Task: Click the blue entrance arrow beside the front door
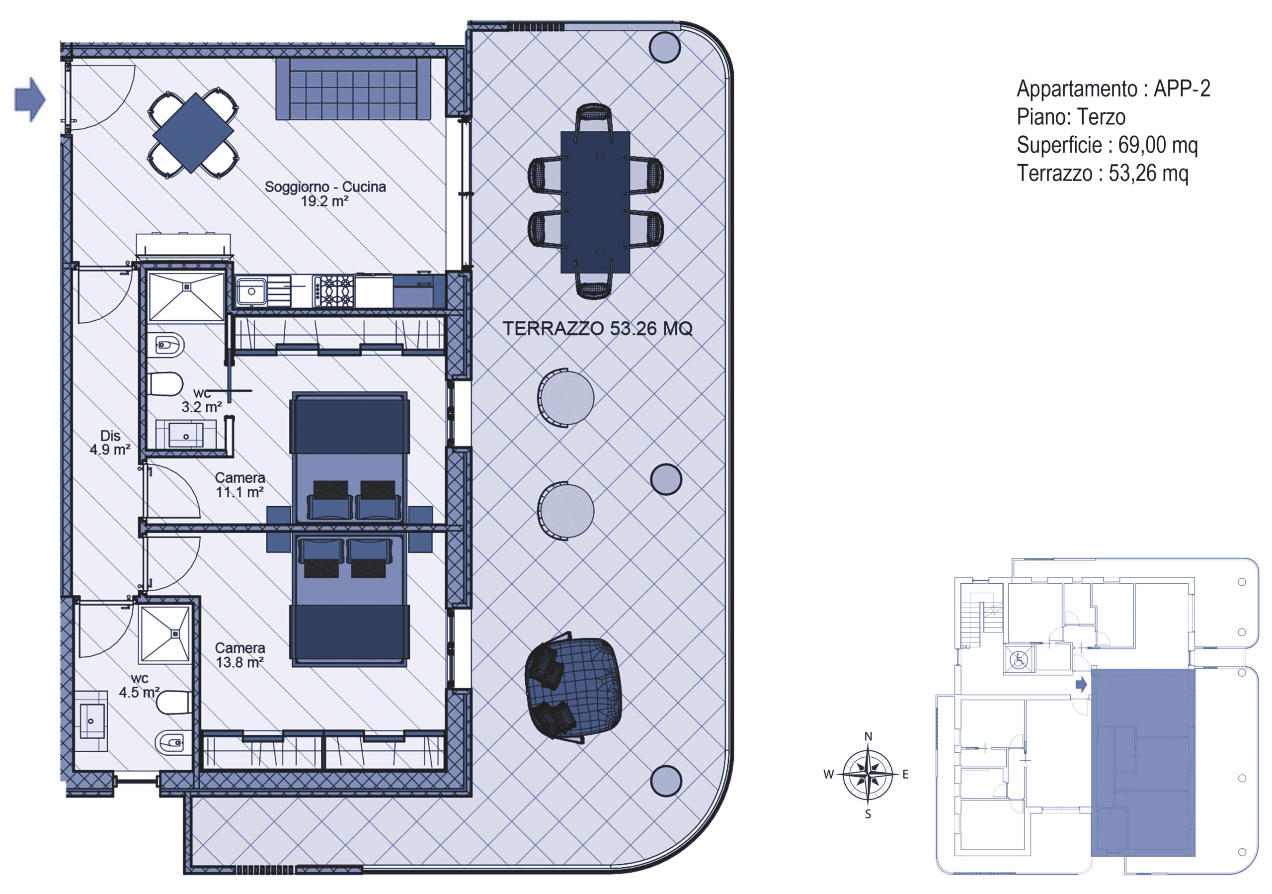tap(30, 99)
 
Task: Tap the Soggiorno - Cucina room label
tap(325, 194)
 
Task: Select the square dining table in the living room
tap(193, 133)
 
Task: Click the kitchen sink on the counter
tap(251, 291)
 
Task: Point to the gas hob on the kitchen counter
tap(333, 291)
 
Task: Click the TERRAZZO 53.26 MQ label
tap(597, 329)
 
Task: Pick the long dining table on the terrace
tap(595, 202)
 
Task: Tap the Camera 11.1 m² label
tap(240, 485)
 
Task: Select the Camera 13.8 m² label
tap(240, 655)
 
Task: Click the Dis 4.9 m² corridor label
tap(110, 443)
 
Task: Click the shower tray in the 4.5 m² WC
tap(165, 634)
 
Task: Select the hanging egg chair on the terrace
tap(573, 687)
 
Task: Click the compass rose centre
tap(868, 774)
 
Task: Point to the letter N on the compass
tap(868, 736)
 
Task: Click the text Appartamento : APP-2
tap(1113, 89)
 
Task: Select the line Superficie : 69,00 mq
tap(1108, 145)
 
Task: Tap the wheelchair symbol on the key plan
tap(1018, 659)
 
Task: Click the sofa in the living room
tap(353, 89)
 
